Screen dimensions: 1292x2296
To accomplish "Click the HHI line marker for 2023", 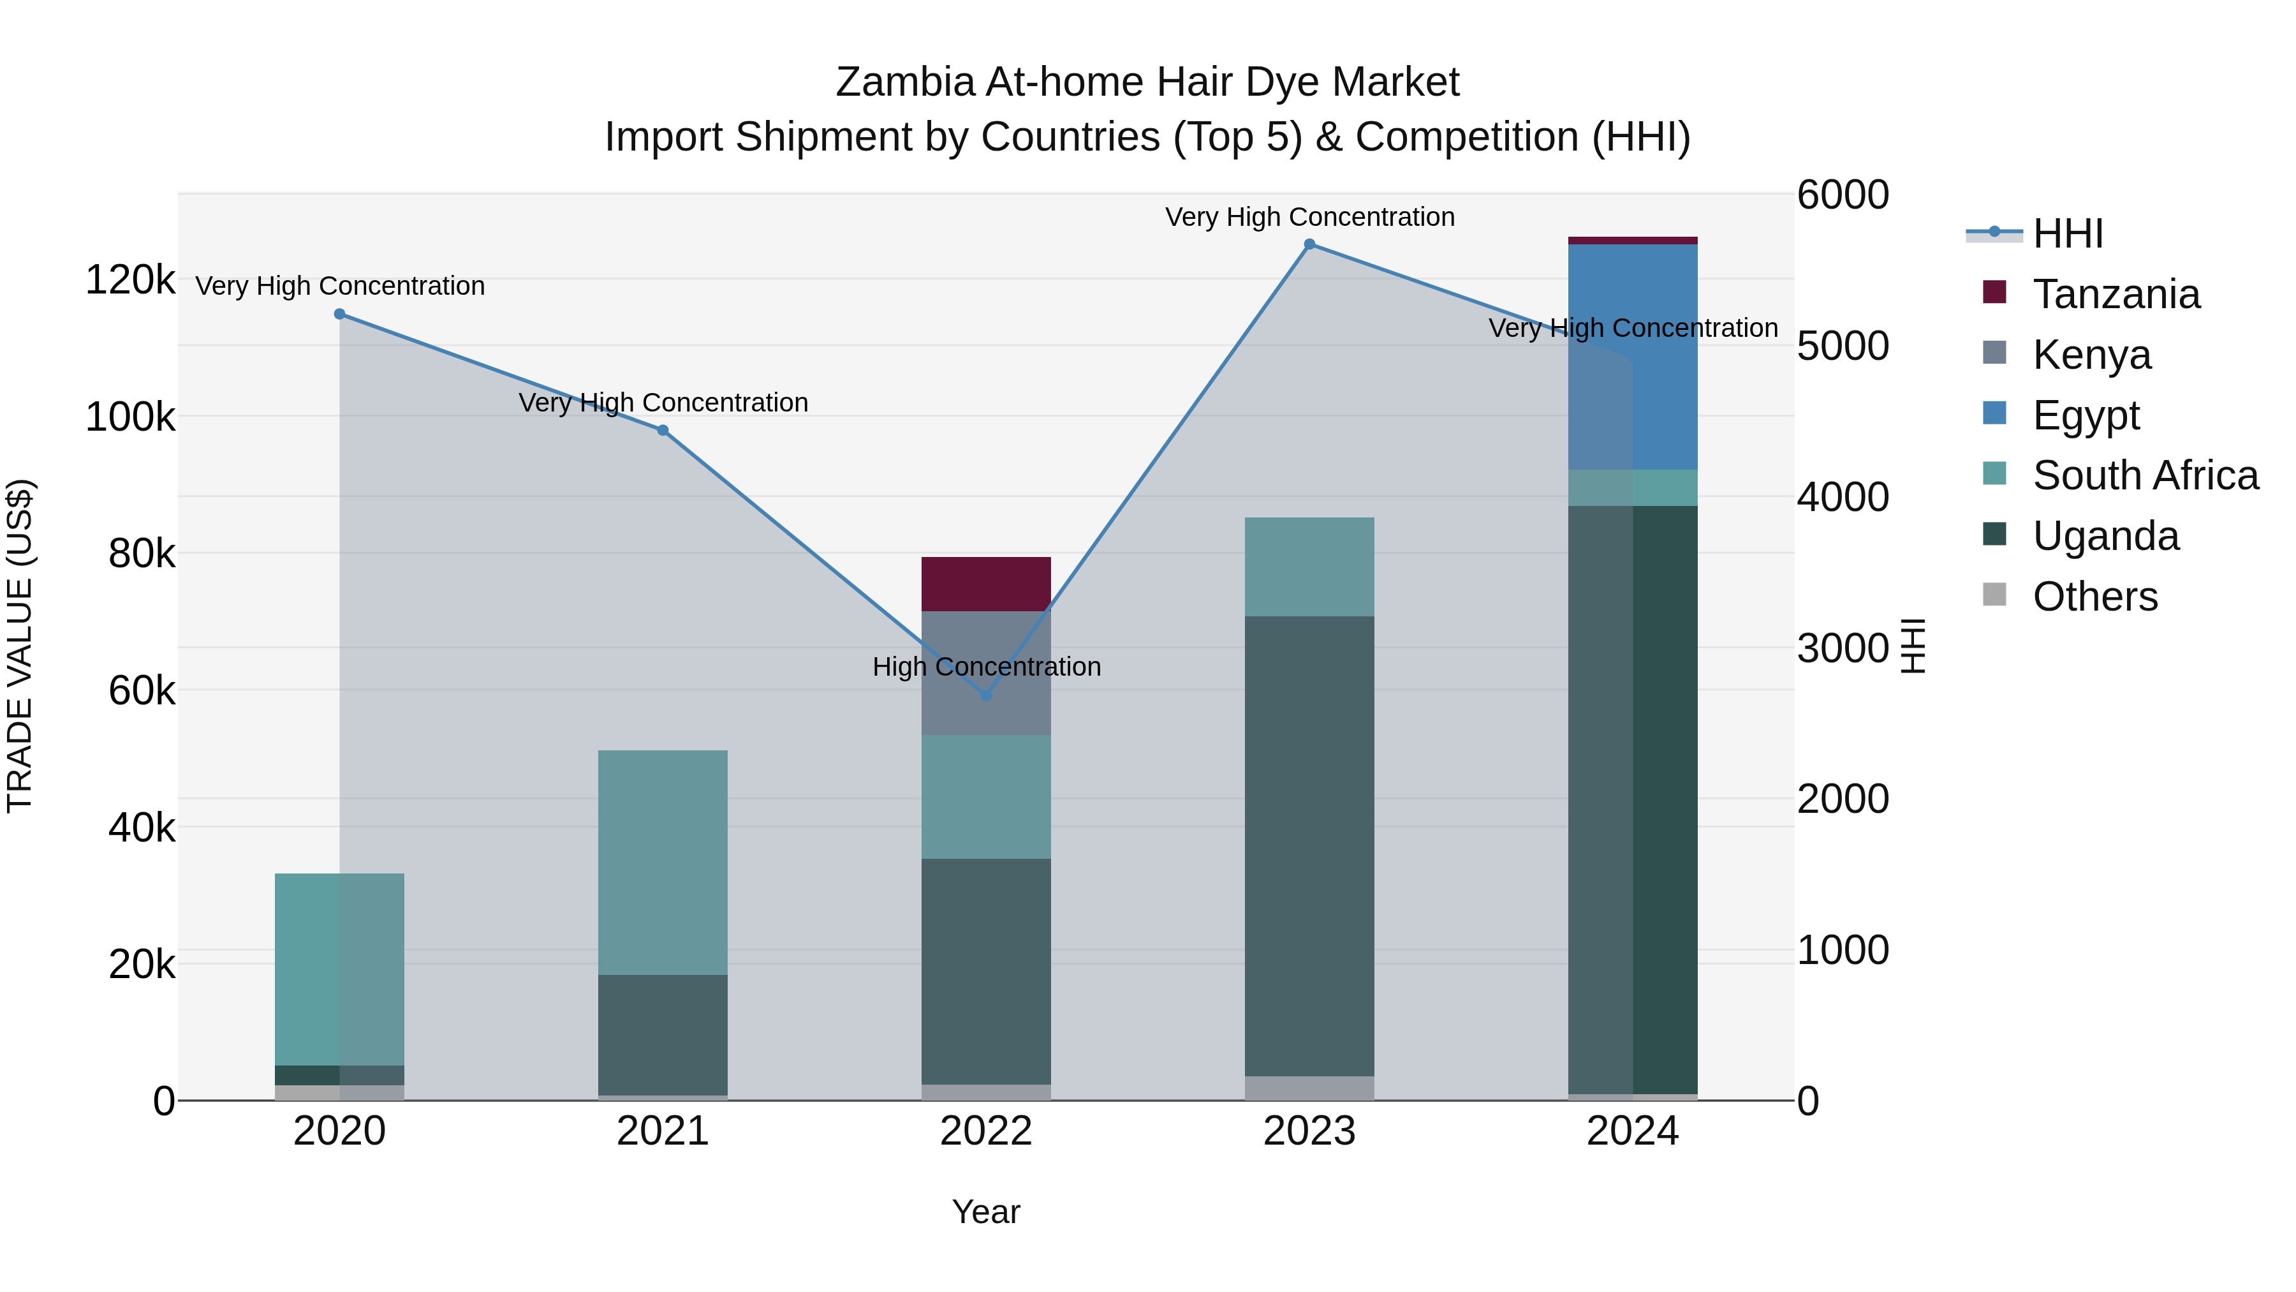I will pyautogui.click(x=1309, y=244).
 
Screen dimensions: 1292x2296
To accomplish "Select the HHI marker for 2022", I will pyautogui.click(x=986, y=695).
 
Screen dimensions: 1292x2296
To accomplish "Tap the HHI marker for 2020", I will pyautogui.click(x=339, y=314).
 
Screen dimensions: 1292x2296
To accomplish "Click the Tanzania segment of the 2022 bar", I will pyautogui.click(x=986, y=584).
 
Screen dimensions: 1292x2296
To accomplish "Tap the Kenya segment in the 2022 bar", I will pyautogui.click(x=986, y=642).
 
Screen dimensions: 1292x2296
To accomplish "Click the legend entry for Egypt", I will pyautogui.click(x=2085, y=415).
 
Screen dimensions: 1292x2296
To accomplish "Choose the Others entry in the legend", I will pyautogui.click(x=2094, y=597).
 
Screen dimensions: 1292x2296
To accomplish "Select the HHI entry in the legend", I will pyautogui.click(x=2067, y=234).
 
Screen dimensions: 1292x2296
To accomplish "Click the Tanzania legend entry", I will pyautogui.click(x=2115, y=294).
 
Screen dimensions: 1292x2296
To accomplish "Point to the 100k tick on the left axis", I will pyautogui.click(x=130, y=417).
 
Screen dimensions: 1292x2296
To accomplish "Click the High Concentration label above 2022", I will pyautogui.click(x=986, y=667).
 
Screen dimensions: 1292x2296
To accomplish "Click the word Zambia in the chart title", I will pyautogui.click(x=904, y=83).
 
